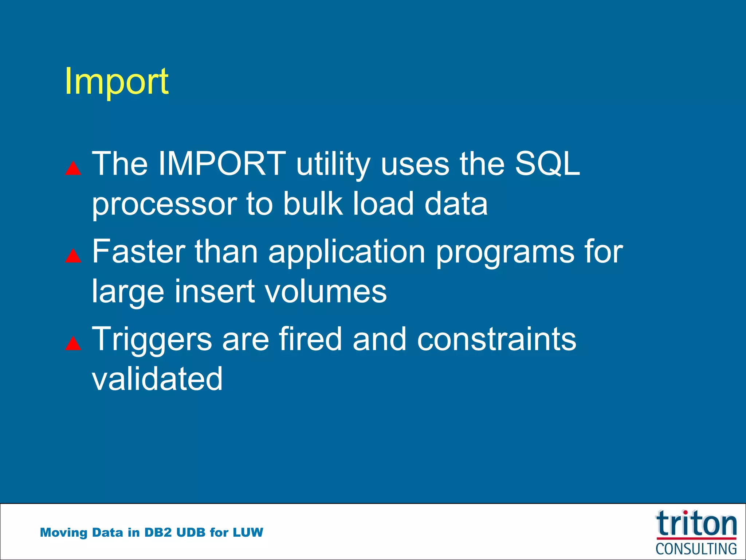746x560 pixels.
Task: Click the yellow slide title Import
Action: tap(117, 82)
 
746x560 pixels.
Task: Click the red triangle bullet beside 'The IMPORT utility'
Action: tap(73, 168)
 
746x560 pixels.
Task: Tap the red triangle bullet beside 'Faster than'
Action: tap(73, 256)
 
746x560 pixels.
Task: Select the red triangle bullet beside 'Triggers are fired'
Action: tap(73, 343)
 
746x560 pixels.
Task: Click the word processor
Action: tap(164, 204)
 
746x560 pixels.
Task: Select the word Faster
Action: tap(138, 252)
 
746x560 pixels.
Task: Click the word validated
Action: tap(157, 379)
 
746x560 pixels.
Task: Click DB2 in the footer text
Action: tap(158, 532)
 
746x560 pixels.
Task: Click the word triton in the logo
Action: tap(696, 524)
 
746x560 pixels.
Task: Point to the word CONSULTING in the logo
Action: tap(696, 549)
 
